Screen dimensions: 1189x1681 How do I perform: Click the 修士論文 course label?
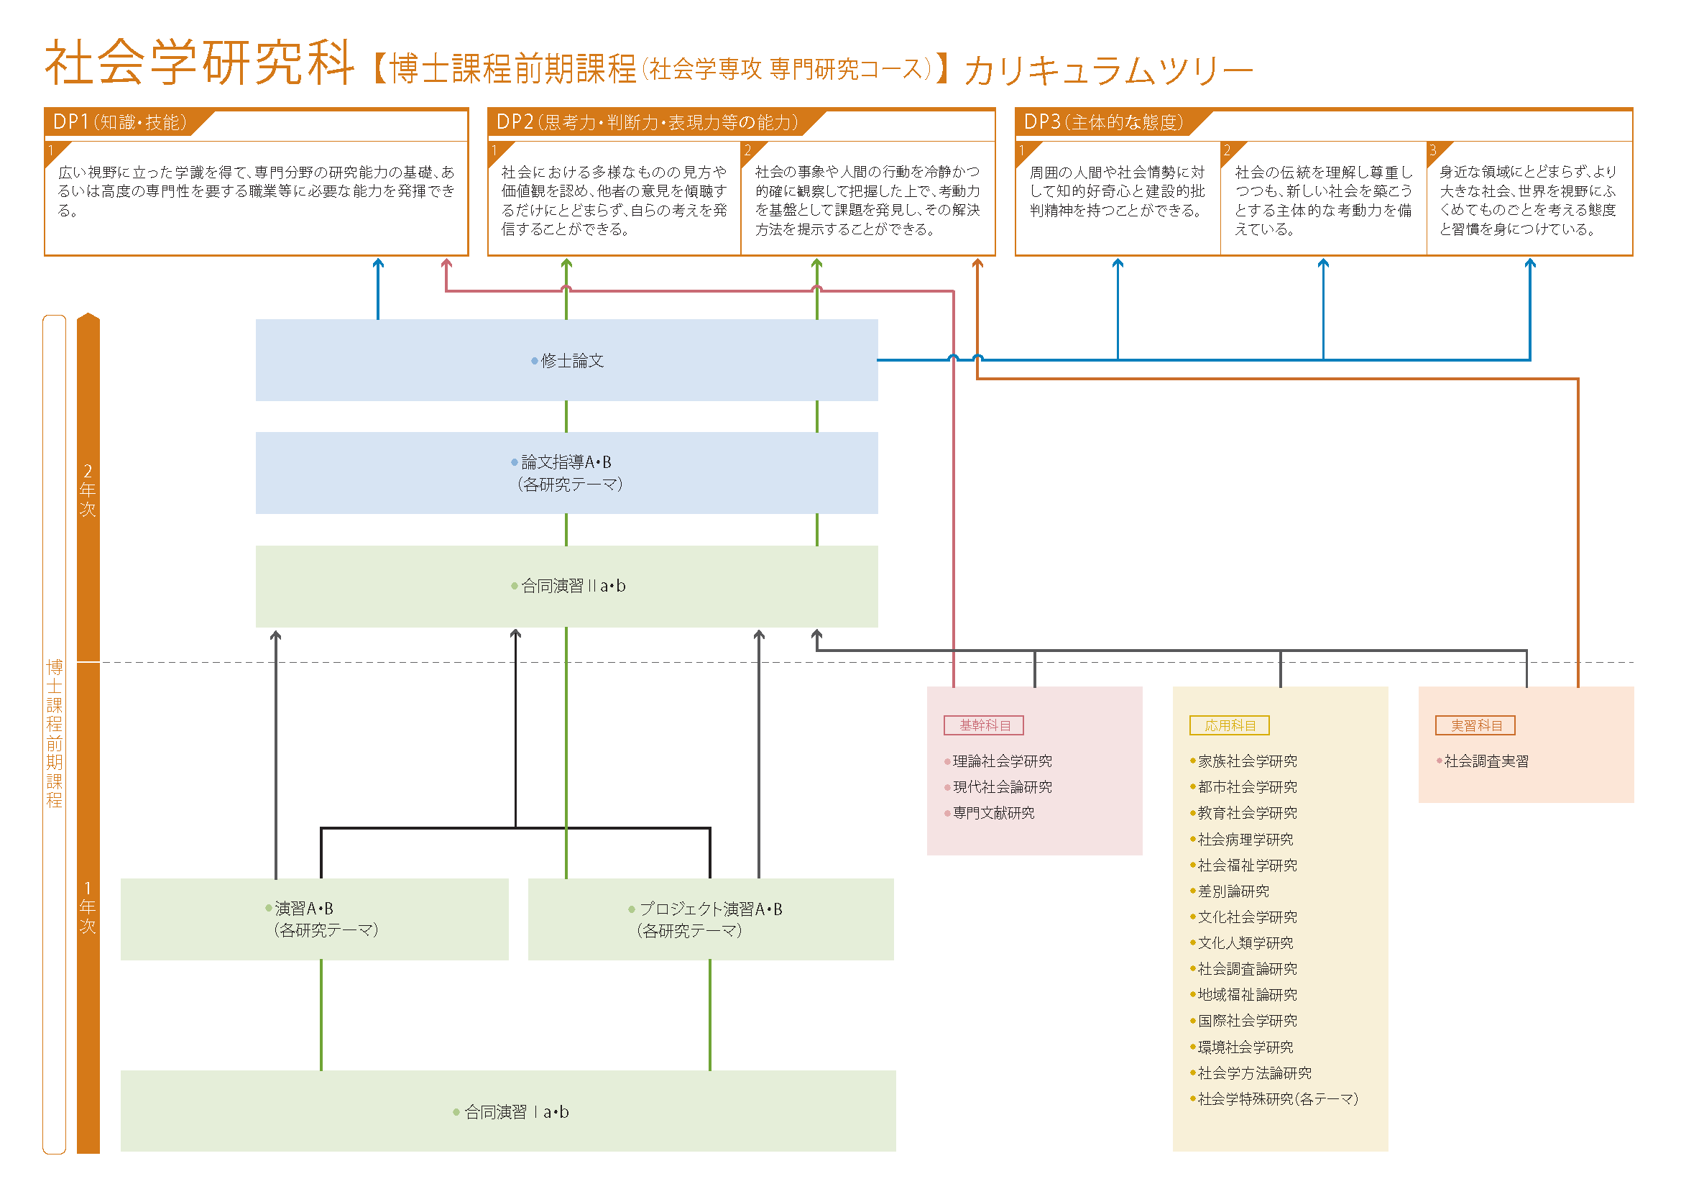pos(572,361)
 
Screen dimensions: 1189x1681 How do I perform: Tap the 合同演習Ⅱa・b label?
pos(573,586)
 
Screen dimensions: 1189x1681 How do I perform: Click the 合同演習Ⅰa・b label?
pos(516,1112)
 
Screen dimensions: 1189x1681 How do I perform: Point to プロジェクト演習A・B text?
pos(709,909)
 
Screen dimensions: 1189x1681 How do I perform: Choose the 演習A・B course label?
pos(304,909)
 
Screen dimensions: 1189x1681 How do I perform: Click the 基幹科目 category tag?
pos(983,725)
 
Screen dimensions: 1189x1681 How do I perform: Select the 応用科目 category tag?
pos(1229,725)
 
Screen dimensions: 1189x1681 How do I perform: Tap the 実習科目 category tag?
pos(1475,725)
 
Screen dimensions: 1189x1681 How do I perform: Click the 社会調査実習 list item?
pos(1486,761)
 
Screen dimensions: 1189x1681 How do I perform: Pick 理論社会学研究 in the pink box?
pos(1002,761)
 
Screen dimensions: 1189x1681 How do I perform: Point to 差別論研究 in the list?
pos(1233,891)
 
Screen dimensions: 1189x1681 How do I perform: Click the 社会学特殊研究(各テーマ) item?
pos(1277,1099)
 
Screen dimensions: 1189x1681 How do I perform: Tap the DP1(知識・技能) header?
pos(120,122)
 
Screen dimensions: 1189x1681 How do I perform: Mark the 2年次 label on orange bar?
pos(88,490)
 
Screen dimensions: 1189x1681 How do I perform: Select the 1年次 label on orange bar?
pos(88,907)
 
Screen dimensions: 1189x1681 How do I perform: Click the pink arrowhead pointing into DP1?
pos(446,264)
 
